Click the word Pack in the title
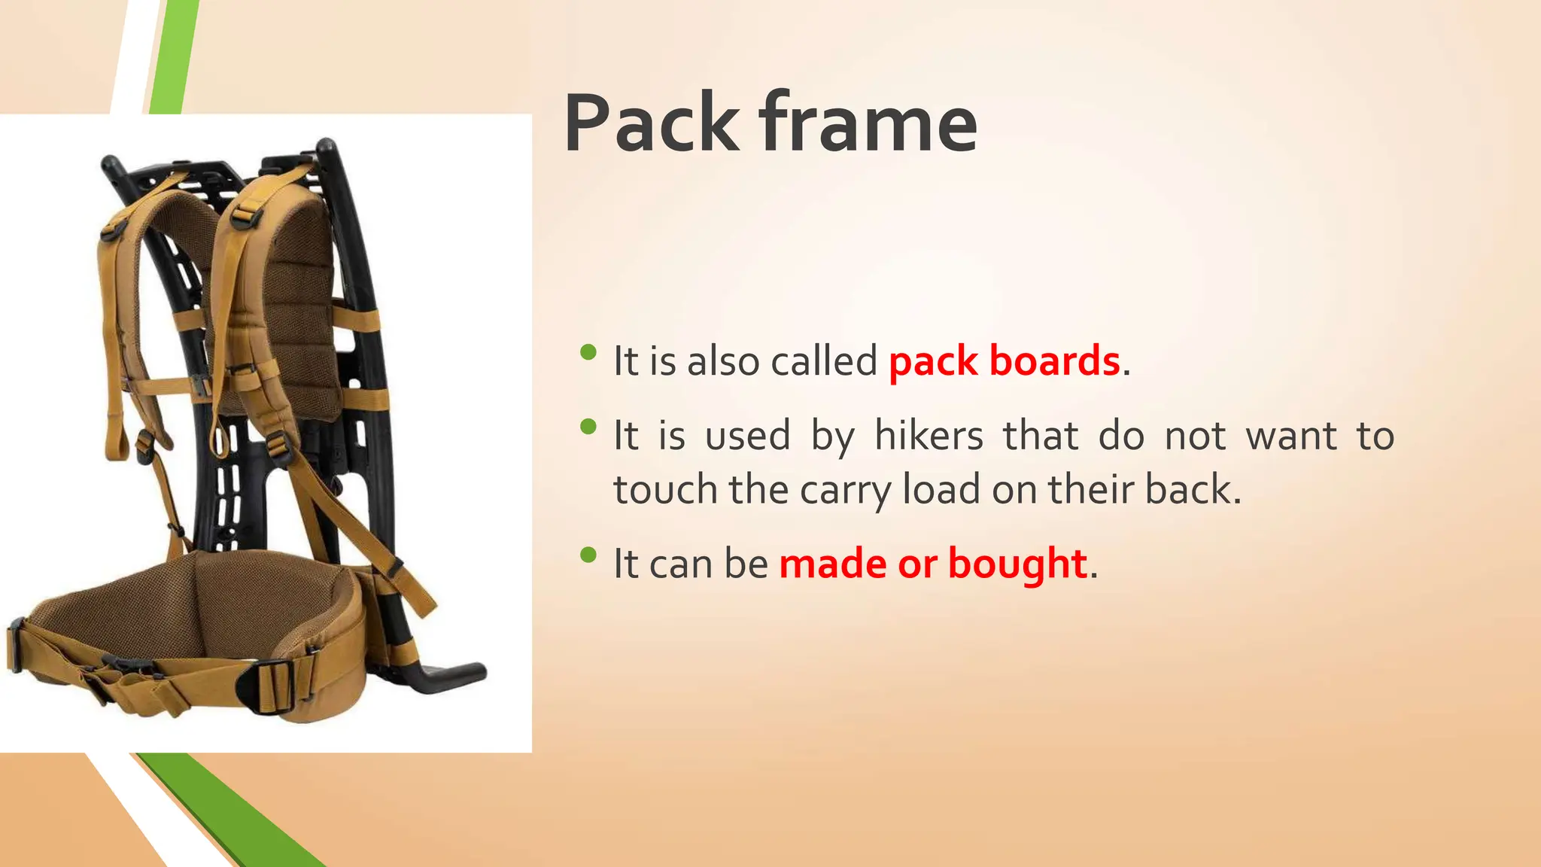point(652,124)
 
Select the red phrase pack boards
point(1004,361)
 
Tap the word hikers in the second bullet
point(929,437)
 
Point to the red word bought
point(1017,564)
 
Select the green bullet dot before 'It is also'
point(589,351)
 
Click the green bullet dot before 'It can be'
point(589,555)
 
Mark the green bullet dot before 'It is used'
point(589,427)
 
